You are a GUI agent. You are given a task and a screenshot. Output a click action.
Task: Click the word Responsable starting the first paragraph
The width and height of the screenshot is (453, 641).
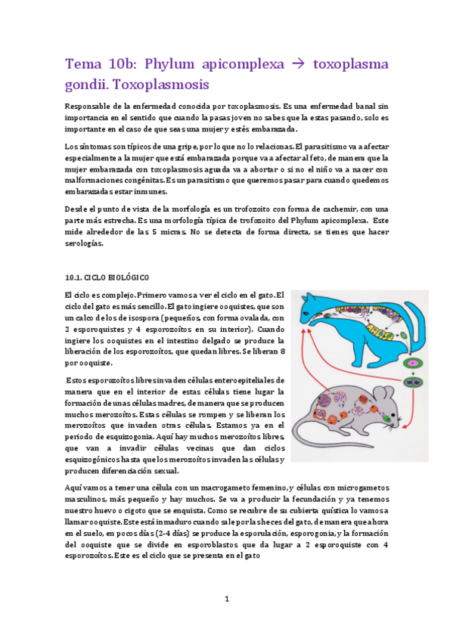(91, 107)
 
